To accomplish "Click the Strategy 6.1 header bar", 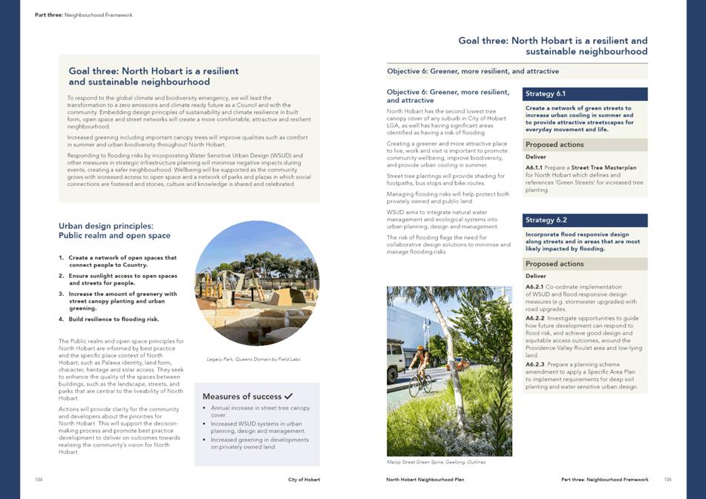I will click(x=585, y=94).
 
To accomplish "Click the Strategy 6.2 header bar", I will click(x=585, y=220).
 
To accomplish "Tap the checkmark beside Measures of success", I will click(x=288, y=397).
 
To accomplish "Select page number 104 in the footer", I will click(x=39, y=480).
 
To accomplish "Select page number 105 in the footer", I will click(x=667, y=480).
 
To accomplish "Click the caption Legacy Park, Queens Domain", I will click(x=253, y=359).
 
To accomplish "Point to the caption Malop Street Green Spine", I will click(x=436, y=462).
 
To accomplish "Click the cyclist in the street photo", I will click(x=419, y=371).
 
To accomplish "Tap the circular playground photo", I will click(x=257, y=283).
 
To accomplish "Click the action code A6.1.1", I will click(x=535, y=168).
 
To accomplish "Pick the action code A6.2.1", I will click(x=535, y=287).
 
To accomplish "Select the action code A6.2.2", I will click(x=535, y=318).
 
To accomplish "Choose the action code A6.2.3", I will click(x=535, y=365).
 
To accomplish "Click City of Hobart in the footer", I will click(x=304, y=480).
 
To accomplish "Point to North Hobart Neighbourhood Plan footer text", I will click(x=425, y=480).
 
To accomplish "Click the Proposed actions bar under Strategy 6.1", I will click(x=585, y=145).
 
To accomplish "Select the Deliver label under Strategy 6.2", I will click(x=535, y=276).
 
